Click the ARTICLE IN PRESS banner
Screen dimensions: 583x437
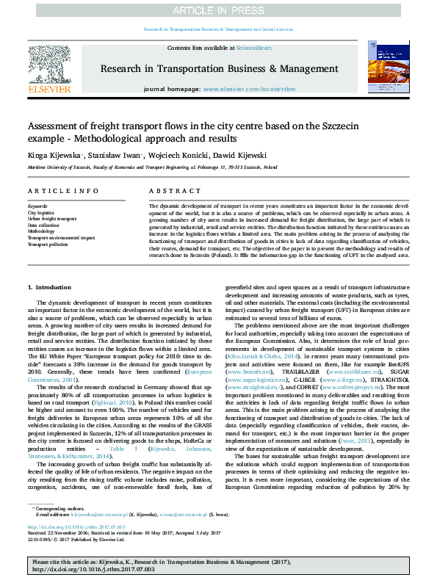click(x=218, y=11)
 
